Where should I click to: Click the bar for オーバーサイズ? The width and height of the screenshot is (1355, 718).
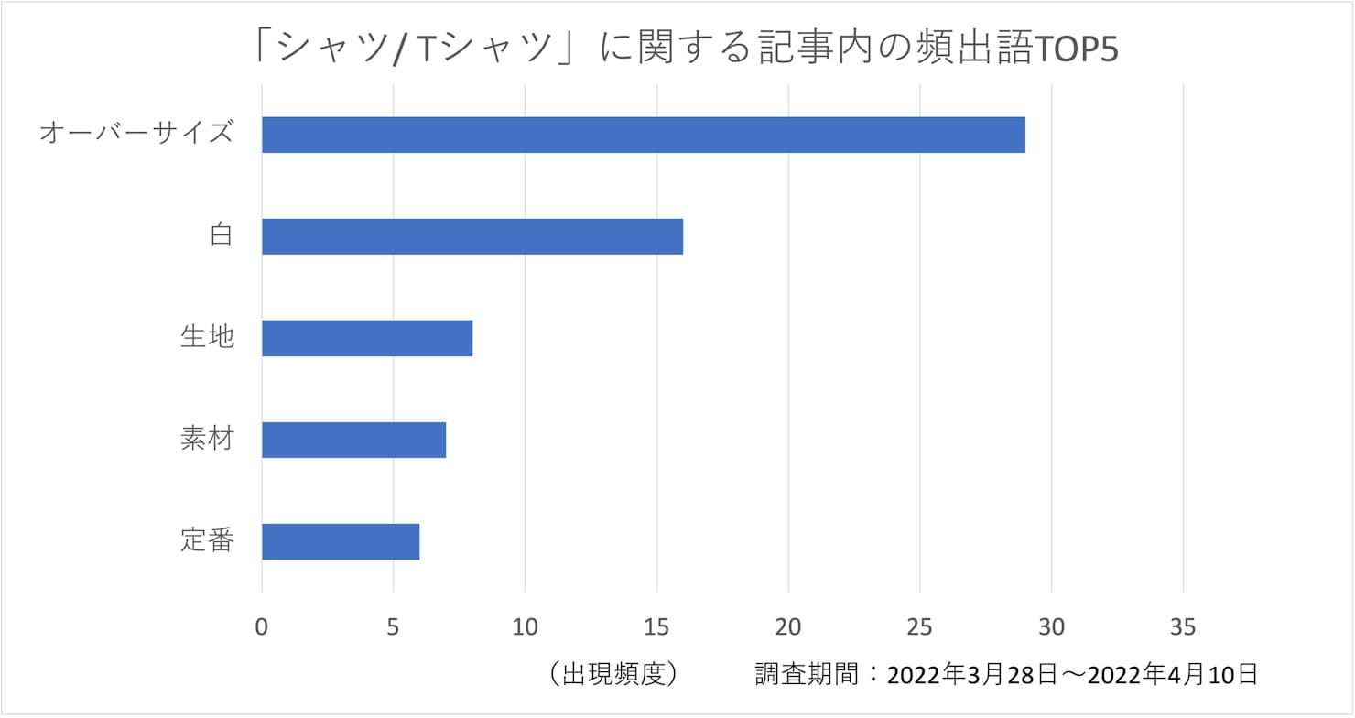(643, 135)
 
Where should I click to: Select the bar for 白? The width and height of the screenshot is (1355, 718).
(472, 236)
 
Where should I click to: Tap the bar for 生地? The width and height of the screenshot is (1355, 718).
(367, 338)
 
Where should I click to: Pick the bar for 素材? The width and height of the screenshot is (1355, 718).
(353, 440)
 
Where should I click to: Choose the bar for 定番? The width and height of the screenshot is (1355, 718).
(341, 541)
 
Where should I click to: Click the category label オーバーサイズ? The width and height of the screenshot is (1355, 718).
(136, 134)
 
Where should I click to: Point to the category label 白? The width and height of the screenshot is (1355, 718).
(221, 235)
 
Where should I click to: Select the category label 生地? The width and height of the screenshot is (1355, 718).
(207, 337)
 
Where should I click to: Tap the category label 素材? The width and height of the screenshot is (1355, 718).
(207, 439)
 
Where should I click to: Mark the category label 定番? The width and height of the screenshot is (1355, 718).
(207, 540)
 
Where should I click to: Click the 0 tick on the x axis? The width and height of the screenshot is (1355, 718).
(262, 627)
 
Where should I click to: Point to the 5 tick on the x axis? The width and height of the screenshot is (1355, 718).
(393, 627)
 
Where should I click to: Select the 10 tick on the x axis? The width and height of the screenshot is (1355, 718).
(525, 627)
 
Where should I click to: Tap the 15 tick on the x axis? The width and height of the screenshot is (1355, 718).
(656, 627)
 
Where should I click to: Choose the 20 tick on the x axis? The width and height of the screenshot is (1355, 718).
(788, 627)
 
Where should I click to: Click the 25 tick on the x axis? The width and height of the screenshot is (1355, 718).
(920, 627)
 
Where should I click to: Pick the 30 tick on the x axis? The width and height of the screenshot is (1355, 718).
(1052, 627)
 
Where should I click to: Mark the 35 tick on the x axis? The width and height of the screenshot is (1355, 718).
(1183, 627)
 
